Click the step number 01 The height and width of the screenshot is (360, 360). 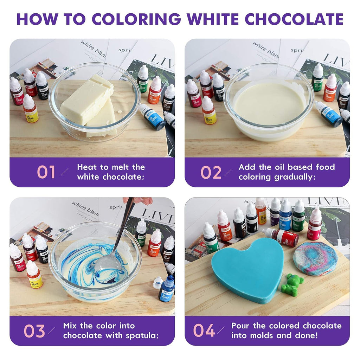[46, 172]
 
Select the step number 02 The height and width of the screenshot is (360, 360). [211, 172]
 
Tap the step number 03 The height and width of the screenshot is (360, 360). [34, 331]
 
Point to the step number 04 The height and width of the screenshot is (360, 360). [204, 331]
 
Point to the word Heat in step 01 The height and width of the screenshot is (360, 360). [87, 167]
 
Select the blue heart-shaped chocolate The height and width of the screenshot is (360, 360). [248, 269]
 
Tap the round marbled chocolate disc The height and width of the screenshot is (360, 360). [315, 258]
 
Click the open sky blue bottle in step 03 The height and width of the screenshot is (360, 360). [167, 288]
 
